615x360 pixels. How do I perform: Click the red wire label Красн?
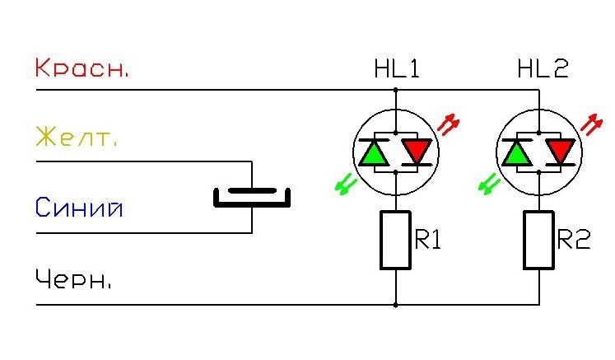coord(82,68)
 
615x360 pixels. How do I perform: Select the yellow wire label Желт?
coord(76,138)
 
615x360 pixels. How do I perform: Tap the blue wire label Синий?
coord(79,207)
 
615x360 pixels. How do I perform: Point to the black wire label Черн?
coord(73,278)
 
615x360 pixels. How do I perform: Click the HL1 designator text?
coord(397,68)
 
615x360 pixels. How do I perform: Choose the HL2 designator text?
coord(543,68)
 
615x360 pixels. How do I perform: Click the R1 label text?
coord(427,239)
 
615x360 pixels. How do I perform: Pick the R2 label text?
coord(574,239)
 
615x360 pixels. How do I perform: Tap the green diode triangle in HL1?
coord(374,153)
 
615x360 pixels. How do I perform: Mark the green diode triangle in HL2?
coord(517,153)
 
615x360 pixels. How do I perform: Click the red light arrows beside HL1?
coord(449,124)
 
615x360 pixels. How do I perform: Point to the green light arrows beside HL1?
coord(346,185)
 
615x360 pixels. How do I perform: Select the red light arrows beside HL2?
coord(591,124)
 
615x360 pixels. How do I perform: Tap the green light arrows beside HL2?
coord(489,185)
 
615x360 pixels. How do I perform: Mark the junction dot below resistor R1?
coord(395,305)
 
